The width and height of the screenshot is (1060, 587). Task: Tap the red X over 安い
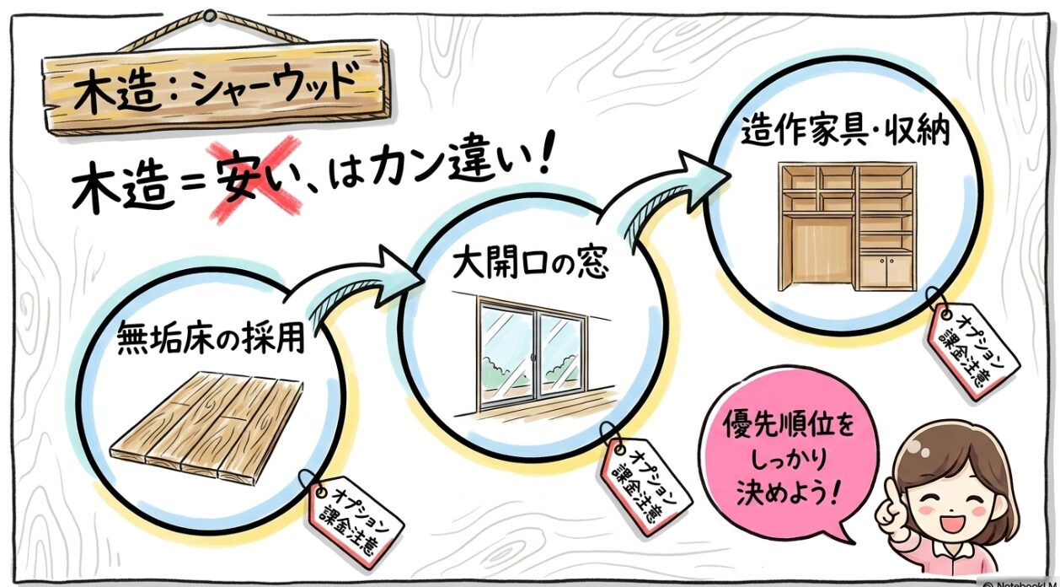coord(256,180)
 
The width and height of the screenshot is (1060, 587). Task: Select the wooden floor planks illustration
coord(206,426)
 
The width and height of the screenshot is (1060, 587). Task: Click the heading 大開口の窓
coord(531,265)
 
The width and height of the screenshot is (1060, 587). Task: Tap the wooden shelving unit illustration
coord(847,227)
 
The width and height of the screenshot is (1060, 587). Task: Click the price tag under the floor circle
coord(354,522)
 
